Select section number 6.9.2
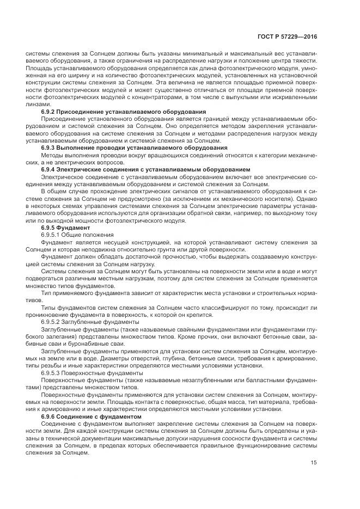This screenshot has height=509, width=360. point(50,111)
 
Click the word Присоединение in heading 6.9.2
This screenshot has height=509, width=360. point(83,111)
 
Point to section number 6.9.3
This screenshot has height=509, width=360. point(50,148)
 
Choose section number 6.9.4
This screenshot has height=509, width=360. point(50,169)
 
